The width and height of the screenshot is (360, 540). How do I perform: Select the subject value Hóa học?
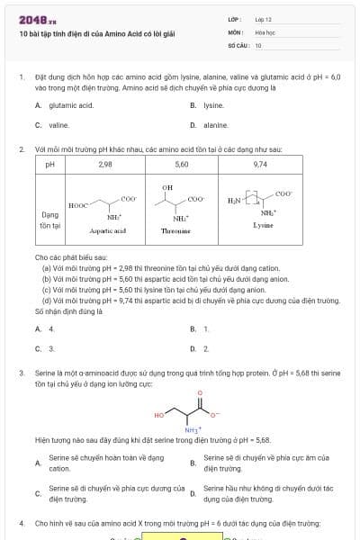coord(265,31)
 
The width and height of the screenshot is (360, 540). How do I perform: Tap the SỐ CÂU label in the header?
coord(237,44)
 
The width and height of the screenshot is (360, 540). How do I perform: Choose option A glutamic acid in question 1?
coord(71,105)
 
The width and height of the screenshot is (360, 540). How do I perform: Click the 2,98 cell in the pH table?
coord(105,165)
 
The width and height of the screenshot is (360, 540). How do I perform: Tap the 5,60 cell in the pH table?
coord(182,165)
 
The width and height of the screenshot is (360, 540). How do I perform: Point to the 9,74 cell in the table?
coord(261,165)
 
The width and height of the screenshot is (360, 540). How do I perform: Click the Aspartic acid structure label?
coord(107,231)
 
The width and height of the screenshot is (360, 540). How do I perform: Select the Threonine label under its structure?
coord(173,231)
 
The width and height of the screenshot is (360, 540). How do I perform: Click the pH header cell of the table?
coord(50,165)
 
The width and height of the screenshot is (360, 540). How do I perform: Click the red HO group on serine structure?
coord(159,415)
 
